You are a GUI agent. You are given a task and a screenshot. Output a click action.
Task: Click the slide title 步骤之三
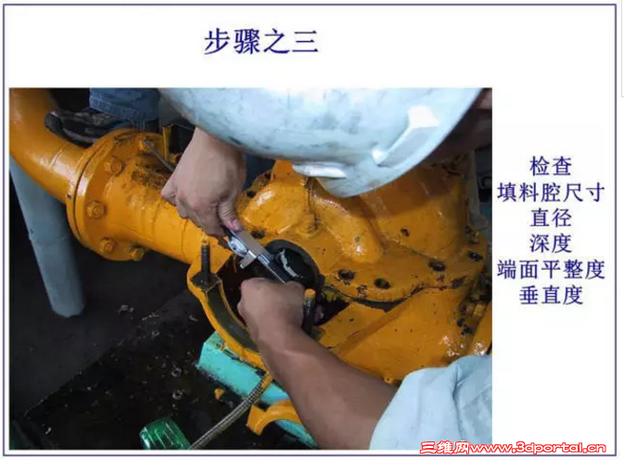coord(261,42)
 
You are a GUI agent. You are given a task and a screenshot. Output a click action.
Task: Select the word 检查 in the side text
coord(551,166)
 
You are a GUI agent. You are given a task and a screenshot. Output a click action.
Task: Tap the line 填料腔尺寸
coord(551,192)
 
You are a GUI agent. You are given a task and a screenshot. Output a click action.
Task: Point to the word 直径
coord(551,218)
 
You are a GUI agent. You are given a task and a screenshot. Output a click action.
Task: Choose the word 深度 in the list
coord(551,243)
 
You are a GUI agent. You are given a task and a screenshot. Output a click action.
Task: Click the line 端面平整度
coord(551,269)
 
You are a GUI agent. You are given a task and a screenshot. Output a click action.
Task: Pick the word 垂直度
coord(551,295)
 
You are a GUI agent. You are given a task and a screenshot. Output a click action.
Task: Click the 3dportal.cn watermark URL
coord(537,448)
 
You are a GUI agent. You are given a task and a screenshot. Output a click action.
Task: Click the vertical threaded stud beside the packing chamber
coord(205,262)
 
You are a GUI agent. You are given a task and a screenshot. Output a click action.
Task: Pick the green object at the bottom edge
coord(164,435)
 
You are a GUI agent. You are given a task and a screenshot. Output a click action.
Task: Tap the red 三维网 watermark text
coord(445,448)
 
